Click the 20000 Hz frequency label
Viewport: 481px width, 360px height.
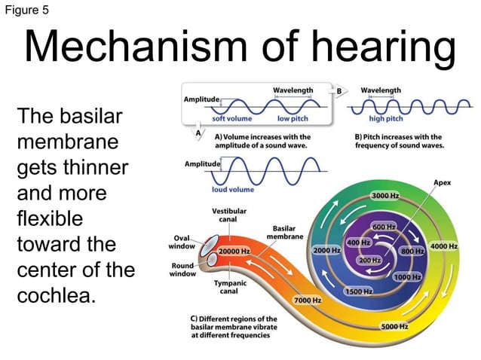click(234, 250)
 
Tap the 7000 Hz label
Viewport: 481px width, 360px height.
click(308, 300)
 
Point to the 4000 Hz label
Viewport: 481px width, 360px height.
click(443, 246)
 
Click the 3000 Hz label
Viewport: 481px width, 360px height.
click(384, 196)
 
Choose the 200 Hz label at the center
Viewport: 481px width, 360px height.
click(369, 259)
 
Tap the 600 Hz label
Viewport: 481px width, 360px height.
click(384, 227)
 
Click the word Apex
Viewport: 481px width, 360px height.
click(443, 183)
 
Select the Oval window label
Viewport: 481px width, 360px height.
click(183, 242)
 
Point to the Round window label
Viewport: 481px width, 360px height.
click(183, 270)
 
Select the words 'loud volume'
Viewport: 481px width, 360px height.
click(233, 189)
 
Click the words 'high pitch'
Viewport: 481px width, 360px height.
click(386, 118)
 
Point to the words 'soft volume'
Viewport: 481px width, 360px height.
click(231, 118)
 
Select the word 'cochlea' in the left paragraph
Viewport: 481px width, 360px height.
click(57, 294)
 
